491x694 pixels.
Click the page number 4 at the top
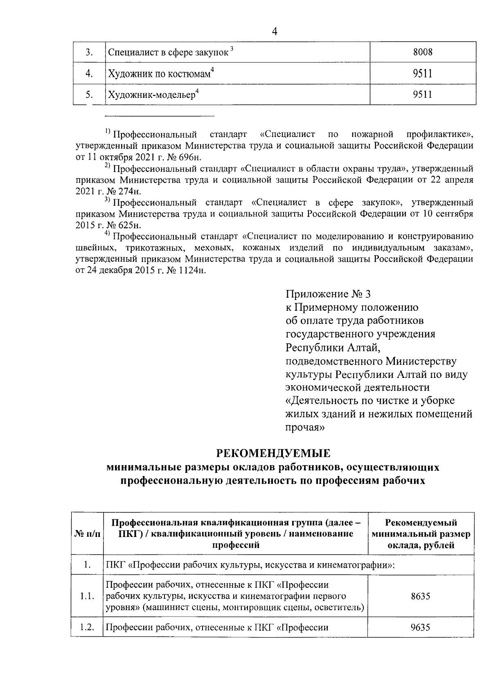pyautogui.click(x=275, y=31)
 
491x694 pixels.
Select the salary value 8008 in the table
pyautogui.click(x=423, y=52)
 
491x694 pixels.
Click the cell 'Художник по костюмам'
pyautogui.click(x=161, y=74)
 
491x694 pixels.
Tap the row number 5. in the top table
pyautogui.click(x=89, y=95)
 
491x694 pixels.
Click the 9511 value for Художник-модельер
pyautogui.click(x=423, y=95)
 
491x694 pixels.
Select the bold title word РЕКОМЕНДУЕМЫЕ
pyautogui.click(x=273, y=454)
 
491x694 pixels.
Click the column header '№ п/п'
pyautogui.click(x=87, y=534)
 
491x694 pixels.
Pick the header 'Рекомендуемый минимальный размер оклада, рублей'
pyautogui.click(x=421, y=534)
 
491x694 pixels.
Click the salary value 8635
pyautogui.click(x=421, y=596)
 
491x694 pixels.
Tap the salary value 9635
pyautogui.click(x=421, y=627)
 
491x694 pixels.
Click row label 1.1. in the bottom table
pyautogui.click(x=87, y=596)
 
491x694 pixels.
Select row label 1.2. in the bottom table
pyautogui.click(x=87, y=627)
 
